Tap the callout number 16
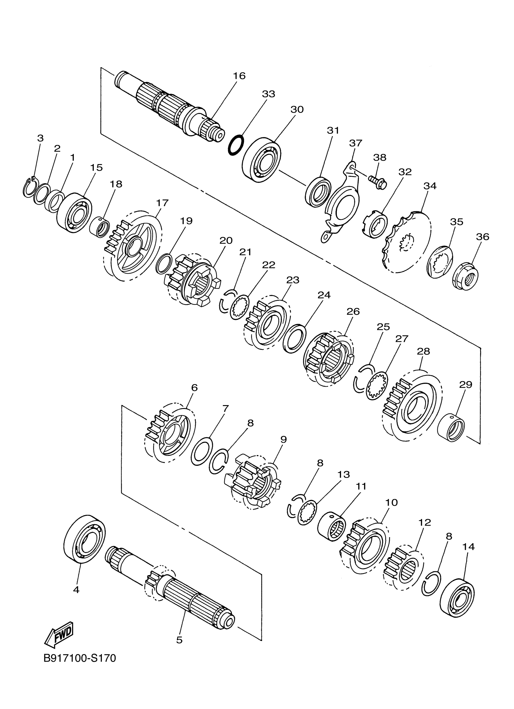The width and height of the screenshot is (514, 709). click(x=239, y=76)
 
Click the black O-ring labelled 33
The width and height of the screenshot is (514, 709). click(x=236, y=144)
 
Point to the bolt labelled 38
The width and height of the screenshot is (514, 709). click(x=378, y=182)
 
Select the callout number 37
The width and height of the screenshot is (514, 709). click(x=355, y=143)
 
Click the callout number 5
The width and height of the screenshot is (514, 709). click(x=179, y=640)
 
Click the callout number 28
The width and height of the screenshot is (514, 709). click(x=423, y=351)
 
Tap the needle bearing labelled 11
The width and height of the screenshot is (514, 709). click(x=331, y=528)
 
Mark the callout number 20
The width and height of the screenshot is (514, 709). click(x=226, y=240)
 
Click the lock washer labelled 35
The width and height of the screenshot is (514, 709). click(x=440, y=262)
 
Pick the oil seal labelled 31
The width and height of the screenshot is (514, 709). click(x=317, y=192)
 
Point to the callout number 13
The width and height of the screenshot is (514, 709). click(x=343, y=474)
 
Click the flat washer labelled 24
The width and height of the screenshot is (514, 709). click(x=294, y=339)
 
